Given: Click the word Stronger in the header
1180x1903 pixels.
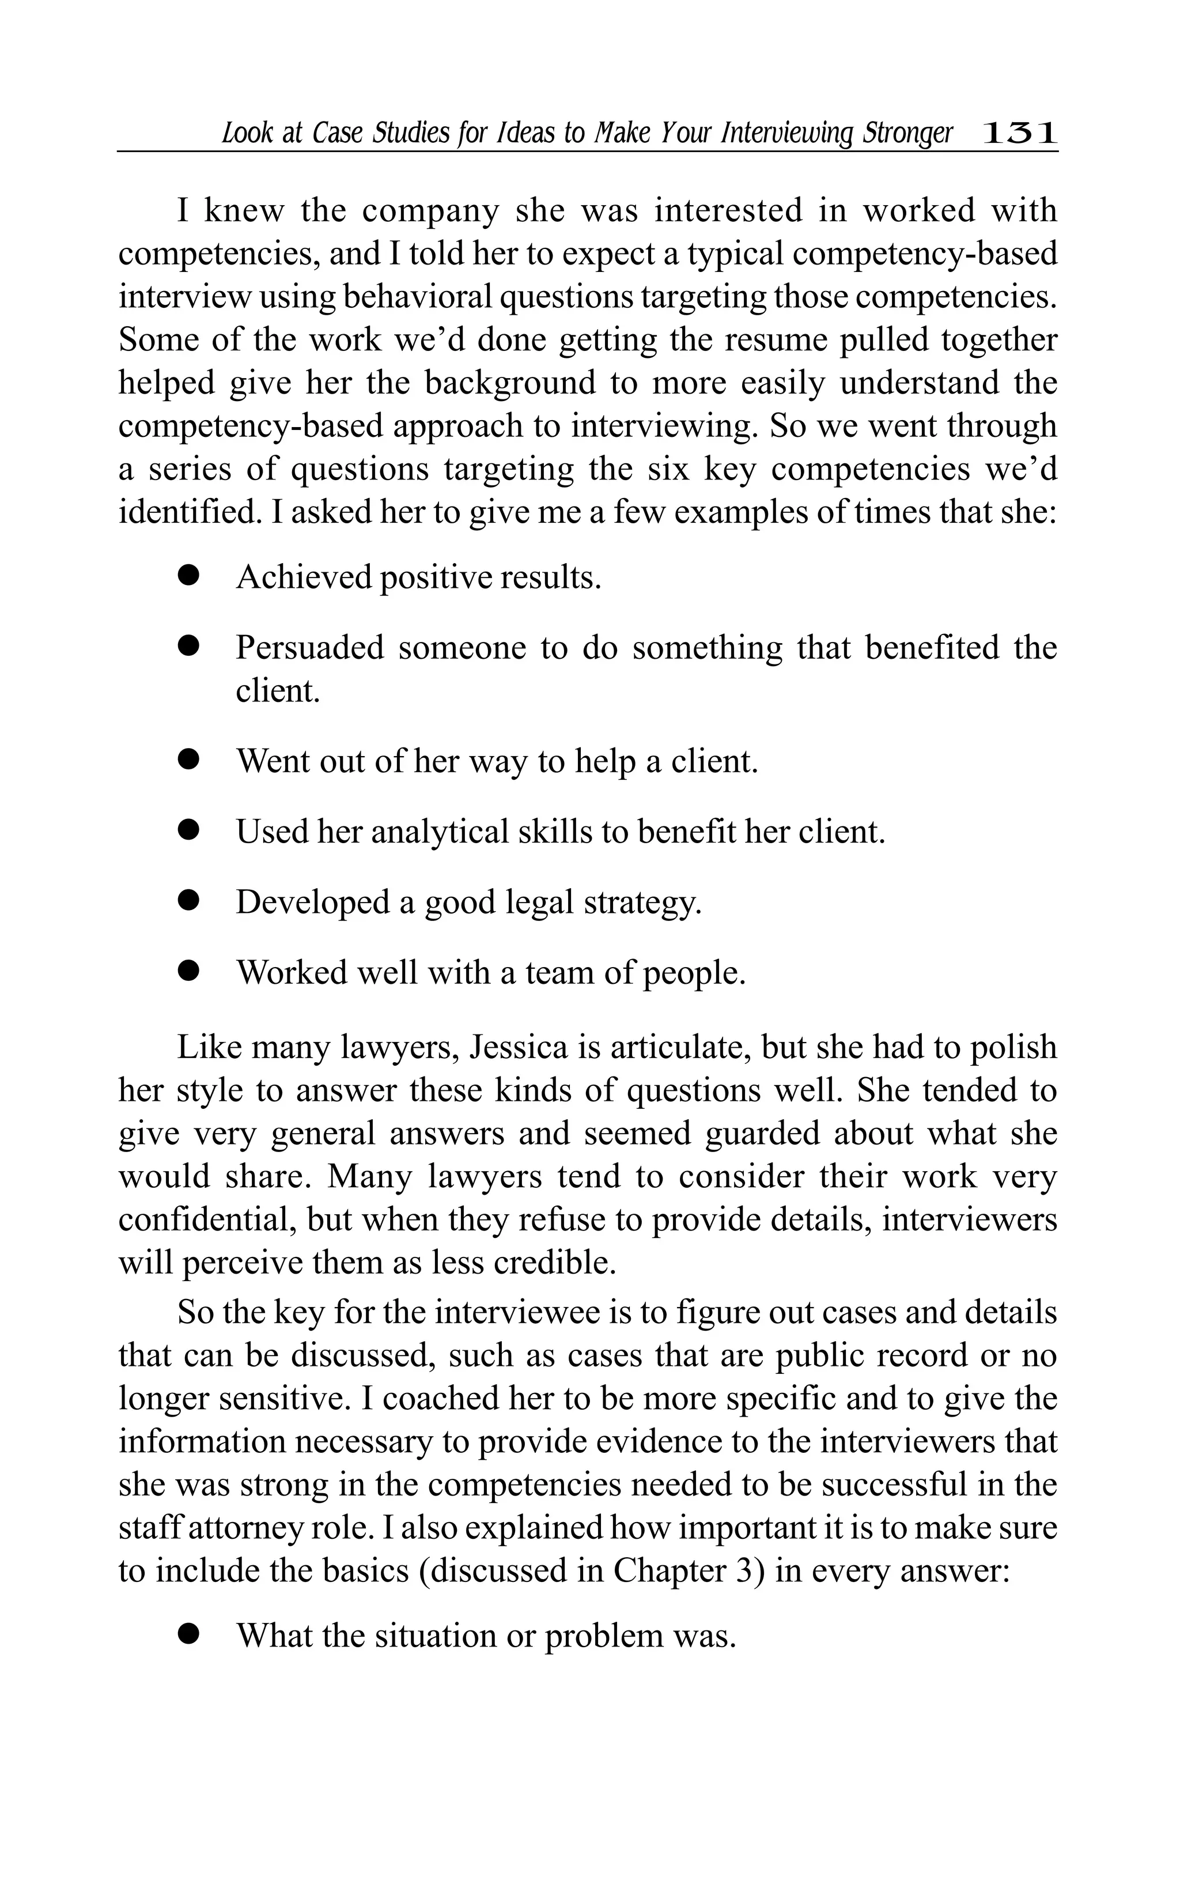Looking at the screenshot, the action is click(907, 134).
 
